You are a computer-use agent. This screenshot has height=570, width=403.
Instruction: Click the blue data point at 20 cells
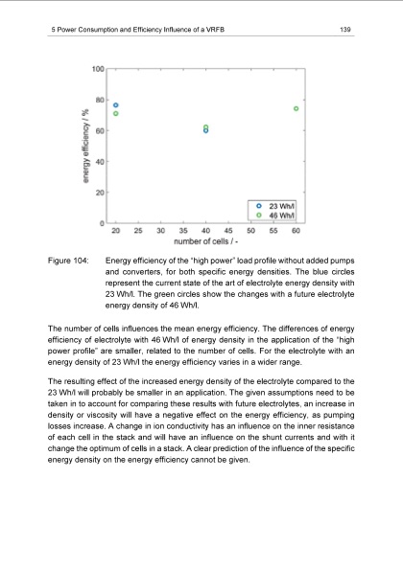click(116, 104)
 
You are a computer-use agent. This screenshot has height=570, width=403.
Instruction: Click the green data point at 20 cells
click(116, 114)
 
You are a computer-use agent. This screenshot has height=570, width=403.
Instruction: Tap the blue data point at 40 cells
click(205, 130)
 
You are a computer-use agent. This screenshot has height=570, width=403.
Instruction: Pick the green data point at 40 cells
click(205, 126)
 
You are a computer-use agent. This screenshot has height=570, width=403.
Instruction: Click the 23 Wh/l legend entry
click(284, 206)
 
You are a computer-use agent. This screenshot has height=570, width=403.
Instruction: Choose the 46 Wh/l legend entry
click(284, 216)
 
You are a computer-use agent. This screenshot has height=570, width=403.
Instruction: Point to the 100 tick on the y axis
click(99, 69)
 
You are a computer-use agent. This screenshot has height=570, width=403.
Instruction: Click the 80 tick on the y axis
click(101, 100)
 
